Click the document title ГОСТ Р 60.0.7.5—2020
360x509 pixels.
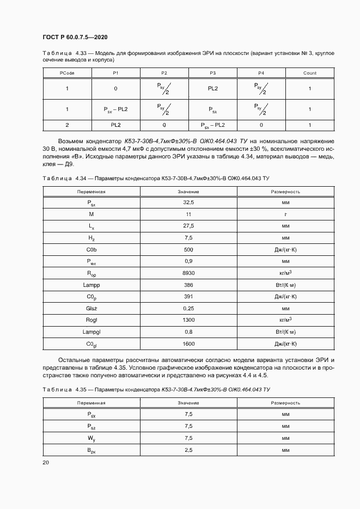pos(75,38)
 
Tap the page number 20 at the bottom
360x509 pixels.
pos(46,462)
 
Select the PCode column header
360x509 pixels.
pos(67,73)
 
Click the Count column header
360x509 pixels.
pos(309,73)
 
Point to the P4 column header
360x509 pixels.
pos(261,73)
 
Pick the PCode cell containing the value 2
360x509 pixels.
pos(67,125)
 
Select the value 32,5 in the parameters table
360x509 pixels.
pos(188,203)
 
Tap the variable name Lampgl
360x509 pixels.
pos(91,332)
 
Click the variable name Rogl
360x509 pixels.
pos(91,320)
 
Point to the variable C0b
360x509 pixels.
pos(91,249)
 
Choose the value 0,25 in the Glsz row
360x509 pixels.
pos(188,308)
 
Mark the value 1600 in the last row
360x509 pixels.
pos(188,344)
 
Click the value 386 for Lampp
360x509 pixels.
pos(188,285)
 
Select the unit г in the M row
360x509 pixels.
pos(285,214)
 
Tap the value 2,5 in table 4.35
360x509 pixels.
pos(188,450)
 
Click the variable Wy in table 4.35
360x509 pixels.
pos(91,438)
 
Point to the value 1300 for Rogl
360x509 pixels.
pos(188,320)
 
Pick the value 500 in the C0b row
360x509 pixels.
pos(188,249)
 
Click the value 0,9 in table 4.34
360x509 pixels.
pos(188,261)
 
